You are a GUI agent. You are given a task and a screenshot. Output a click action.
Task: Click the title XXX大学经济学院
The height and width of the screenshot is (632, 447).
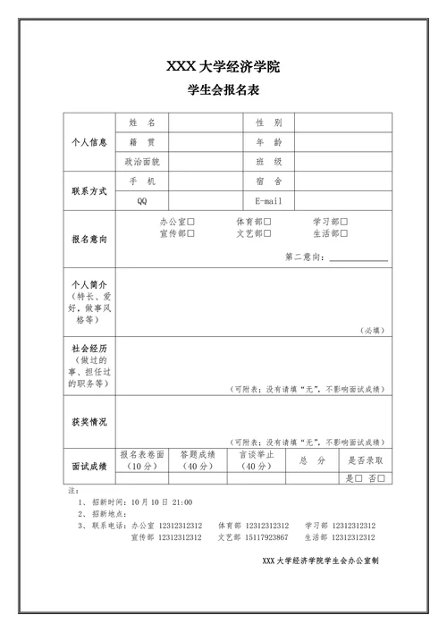tap(223, 66)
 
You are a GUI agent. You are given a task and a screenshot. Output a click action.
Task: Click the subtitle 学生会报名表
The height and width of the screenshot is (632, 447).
tap(223, 90)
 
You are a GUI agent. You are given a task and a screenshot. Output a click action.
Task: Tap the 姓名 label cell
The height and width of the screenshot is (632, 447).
tap(142, 122)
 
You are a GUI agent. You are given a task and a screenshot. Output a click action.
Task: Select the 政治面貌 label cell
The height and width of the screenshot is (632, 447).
tap(142, 162)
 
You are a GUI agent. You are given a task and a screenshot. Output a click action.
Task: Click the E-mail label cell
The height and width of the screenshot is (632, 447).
tap(268, 201)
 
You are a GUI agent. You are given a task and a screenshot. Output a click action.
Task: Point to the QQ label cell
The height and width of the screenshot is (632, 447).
tap(142, 201)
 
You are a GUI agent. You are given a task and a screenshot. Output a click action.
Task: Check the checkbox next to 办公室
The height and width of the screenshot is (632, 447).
tap(191, 222)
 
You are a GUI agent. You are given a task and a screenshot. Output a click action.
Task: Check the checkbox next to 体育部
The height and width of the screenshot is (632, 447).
tap(268, 222)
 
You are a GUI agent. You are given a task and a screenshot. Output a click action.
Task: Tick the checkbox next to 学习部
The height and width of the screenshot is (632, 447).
tap(344, 222)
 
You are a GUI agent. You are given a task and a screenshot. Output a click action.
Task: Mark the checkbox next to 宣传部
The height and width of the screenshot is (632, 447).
tap(191, 233)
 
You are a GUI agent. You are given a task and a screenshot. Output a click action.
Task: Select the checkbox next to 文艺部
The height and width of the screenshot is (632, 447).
tap(268, 233)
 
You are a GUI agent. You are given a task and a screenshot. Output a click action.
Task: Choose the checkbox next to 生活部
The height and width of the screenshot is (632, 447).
tap(344, 233)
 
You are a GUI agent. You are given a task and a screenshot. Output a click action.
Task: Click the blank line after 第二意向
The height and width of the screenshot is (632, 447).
tap(358, 257)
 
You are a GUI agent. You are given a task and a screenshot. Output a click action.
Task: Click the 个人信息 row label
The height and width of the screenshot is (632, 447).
tap(89, 142)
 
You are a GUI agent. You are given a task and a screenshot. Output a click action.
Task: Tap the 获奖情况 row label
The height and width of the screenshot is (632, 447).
tap(89, 422)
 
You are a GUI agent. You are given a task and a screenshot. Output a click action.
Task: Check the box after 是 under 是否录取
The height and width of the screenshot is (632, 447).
tap(358, 478)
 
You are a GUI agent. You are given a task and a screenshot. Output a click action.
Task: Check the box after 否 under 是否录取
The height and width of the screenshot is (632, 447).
tap(382, 478)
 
